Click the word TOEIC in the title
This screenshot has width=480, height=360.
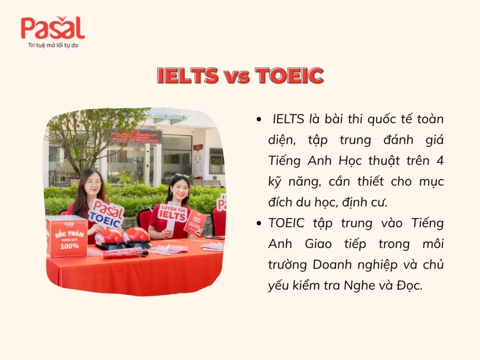pyautogui.click(x=289, y=76)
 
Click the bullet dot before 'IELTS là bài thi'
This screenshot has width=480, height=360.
pyautogui.click(x=259, y=120)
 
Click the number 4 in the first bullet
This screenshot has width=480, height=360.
pyautogui.click(x=440, y=161)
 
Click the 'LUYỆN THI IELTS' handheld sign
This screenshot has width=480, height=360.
pyautogui.click(x=172, y=213)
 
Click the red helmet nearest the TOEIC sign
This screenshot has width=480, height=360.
pyautogui.click(x=109, y=237)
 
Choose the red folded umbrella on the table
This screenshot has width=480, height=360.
pyautogui.click(x=125, y=254)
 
